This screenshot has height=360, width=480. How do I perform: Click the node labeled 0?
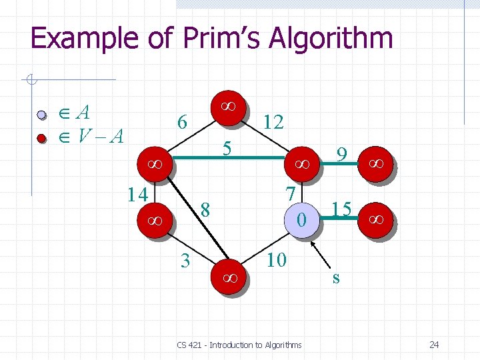(301, 219)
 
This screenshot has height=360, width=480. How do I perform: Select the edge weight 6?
(181, 122)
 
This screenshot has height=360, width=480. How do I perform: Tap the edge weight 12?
(274, 121)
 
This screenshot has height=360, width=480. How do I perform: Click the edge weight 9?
(341, 156)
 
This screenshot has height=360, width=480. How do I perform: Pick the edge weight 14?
(137, 194)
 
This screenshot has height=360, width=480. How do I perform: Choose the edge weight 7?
(290, 193)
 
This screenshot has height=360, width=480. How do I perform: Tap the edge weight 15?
(341, 209)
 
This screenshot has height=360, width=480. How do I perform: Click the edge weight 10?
(276, 259)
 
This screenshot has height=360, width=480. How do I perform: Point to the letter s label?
(336, 277)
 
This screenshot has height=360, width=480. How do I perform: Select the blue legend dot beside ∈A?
(41, 115)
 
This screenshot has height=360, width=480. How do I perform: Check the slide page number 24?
(434, 345)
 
